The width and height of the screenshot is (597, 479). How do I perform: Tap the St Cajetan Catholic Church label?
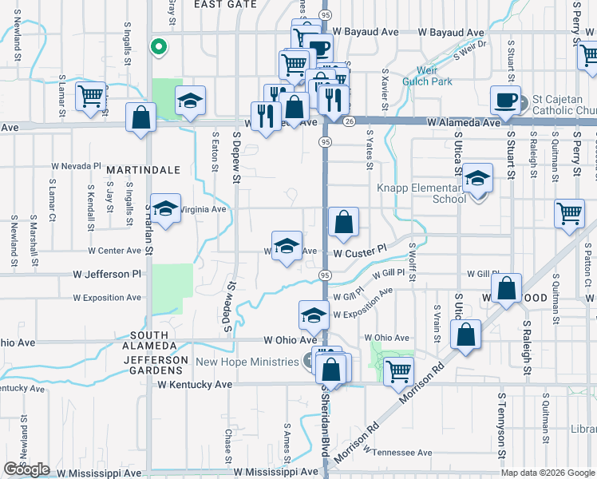click(563, 105)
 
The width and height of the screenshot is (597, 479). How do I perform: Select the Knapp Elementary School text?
click(421, 193)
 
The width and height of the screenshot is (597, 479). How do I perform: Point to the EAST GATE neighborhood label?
click(225, 4)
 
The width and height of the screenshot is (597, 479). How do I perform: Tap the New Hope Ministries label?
click(247, 362)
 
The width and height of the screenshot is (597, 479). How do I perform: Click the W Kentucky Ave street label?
click(195, 384)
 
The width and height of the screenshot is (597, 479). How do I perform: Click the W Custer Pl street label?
click(360, 251)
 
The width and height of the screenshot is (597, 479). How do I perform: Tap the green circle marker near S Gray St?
click(159, 46)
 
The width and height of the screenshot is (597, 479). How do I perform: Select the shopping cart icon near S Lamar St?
click(91, 96)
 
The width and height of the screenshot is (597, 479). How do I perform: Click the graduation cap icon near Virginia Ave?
click(164, 210)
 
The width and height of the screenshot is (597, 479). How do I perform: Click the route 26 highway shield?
click(350, 121)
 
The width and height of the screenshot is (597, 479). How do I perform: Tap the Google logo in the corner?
click(26, 469)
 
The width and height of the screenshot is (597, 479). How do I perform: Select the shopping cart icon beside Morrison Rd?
click(398, 370)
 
